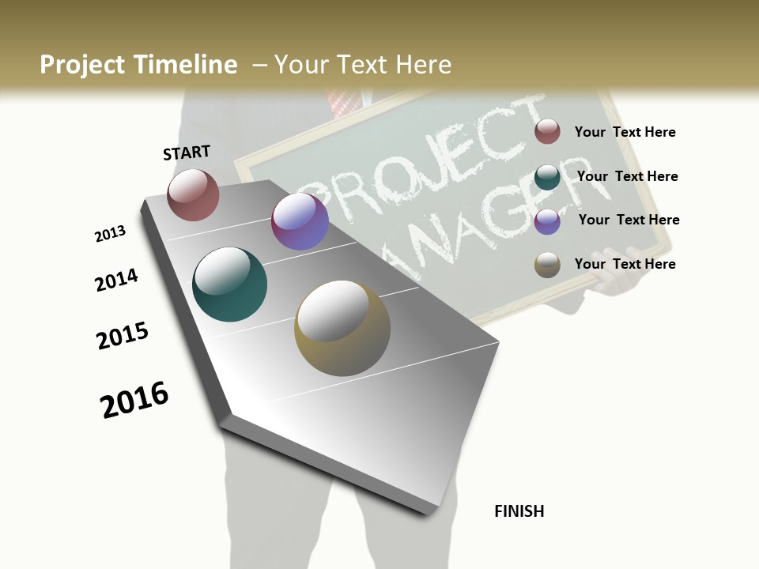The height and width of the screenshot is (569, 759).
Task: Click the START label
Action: click(187, 153)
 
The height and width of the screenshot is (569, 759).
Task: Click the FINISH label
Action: click(519, 511)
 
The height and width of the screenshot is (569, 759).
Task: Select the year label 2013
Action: click(110, 234)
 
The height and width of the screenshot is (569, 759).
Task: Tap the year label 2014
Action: click(116, 280)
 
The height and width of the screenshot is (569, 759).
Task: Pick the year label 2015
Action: click(123, 335)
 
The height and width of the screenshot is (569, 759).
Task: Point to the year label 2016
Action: click(134, 399)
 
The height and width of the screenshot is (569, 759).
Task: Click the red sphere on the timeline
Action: click(193, 194)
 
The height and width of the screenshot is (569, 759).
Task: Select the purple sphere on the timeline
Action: click(300, 221)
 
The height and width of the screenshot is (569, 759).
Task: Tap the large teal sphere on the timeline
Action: click(229, 284)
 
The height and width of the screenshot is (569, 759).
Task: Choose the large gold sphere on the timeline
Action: click(342, 328)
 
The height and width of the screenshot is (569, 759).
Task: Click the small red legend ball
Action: click(547, 131)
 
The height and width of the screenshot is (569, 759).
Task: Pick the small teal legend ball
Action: click(547, 177)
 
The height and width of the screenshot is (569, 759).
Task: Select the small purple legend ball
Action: click(547, 221)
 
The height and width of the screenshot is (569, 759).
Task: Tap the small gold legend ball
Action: click(547, 265)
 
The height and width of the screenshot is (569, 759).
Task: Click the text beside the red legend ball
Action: click(625, 132)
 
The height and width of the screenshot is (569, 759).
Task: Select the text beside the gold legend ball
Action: click(625, 264)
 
